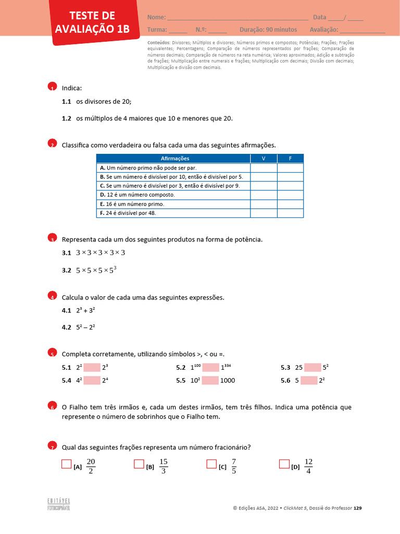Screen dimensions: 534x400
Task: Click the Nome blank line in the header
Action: (x=238, y=18)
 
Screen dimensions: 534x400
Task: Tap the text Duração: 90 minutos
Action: (x=268, y=30)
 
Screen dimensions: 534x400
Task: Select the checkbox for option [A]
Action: (x=66, y=464)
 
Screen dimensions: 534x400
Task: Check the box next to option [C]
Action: (x=211, y=464)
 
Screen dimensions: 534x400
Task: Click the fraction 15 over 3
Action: (x=164, y=466)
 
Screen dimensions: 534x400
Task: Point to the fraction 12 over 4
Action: (x=308, y=466)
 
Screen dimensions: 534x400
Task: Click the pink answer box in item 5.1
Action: (x=92, y=367)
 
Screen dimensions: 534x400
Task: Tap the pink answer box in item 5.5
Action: (x=210, y=380)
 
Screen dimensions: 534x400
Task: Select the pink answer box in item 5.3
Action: (x=313, y=367)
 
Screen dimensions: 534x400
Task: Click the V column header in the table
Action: (x=263, y=159)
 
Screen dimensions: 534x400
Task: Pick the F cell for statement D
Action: (x=290, y=195)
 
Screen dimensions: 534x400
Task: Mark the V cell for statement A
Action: (x=263, y=168)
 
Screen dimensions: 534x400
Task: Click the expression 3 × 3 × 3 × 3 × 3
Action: (x=101, y=253)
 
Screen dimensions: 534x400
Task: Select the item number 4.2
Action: (x=66, y=327)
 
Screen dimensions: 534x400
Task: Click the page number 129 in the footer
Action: (x=357, y=508)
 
